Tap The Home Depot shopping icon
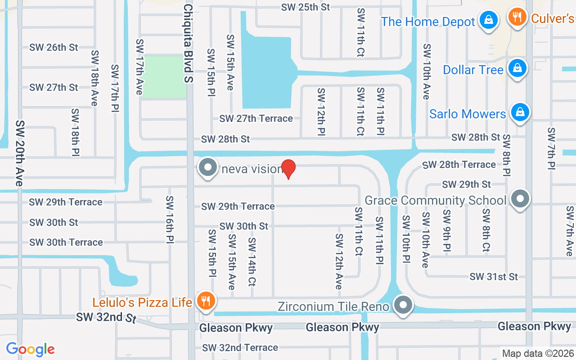487,20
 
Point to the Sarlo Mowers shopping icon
520,112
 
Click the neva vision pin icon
207,168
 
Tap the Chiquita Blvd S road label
188,43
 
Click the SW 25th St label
306,7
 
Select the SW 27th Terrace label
256,118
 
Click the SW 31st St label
494,276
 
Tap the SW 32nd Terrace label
240,347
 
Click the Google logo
30,349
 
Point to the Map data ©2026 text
537,353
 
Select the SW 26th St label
54,47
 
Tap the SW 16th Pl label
170,219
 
